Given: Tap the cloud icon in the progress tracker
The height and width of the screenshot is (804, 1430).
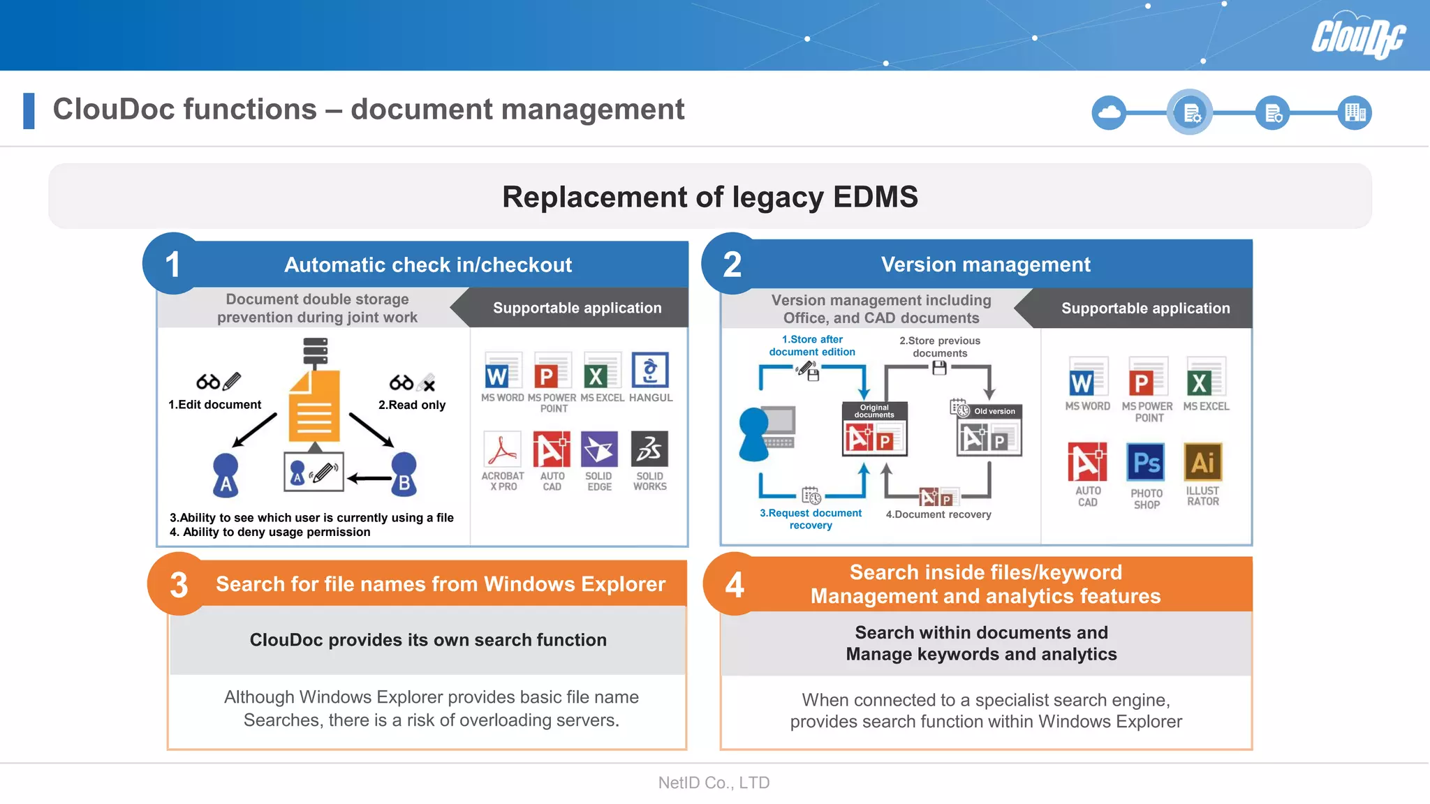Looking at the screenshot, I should [x=1109, y=112].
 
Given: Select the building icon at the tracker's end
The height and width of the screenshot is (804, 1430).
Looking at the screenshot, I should [x=1355, y=112].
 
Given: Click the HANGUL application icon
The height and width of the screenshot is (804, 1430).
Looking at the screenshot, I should [x=650, y=371].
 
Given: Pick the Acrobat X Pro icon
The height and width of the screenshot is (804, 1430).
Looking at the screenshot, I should [x=503, y=449].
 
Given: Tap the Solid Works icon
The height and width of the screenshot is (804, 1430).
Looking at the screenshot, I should [x=649, y=449].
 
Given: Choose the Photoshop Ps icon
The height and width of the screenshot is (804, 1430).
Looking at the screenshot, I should [x=1146, y=462].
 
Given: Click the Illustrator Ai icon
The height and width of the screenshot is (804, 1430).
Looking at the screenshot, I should [x=1203, y=462].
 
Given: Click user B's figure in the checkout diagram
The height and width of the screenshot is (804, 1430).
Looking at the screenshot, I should [x=404, y=475].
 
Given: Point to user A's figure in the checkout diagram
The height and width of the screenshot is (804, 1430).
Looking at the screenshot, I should [x=226, y=475].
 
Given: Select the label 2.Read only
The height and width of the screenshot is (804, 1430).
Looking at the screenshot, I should [x=412, y=405].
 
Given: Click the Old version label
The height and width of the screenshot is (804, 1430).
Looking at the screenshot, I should [x=994, y=411].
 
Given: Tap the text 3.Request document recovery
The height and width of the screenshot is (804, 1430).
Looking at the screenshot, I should [x=811, y=519].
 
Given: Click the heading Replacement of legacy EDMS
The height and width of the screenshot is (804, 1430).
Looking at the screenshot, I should [x=709, y=197].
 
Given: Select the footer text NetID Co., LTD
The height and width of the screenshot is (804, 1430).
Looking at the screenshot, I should [x=714, y=783].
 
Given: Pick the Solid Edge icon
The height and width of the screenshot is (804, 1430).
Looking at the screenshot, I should [x=599, y=449].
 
